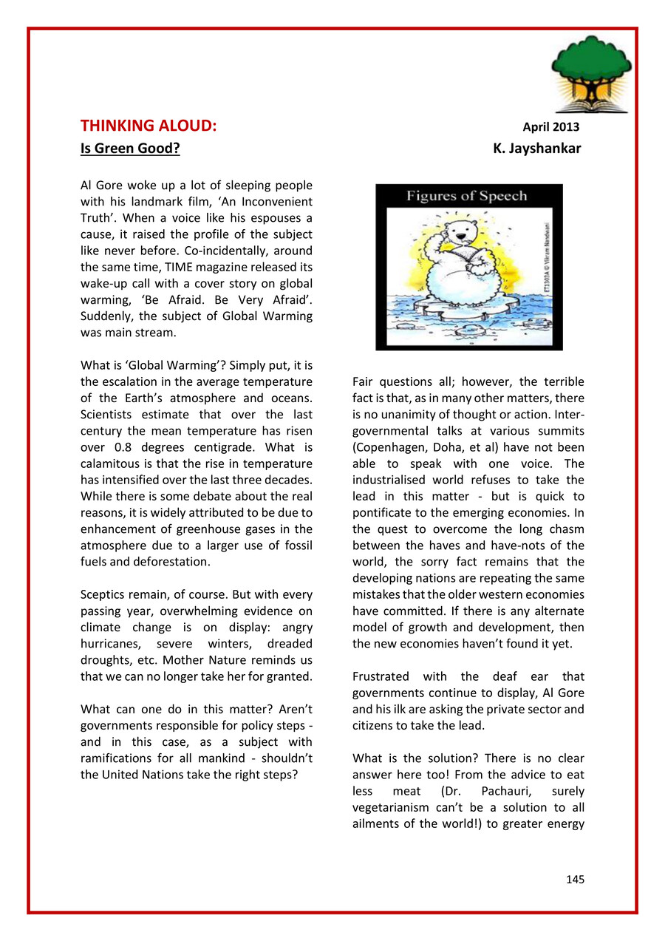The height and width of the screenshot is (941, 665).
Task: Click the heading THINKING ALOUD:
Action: pyautogui.click(x=149, y=126)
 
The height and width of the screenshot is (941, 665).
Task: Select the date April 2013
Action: pyautogui.click(x=551, y=127)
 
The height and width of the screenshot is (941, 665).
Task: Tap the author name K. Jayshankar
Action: pyautogui.click(x=537, y=149)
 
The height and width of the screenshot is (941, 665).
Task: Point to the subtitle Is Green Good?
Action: pyautogui.click(x=130, y=149)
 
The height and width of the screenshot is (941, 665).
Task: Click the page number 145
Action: pyautogui.click(x=575, y=879)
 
